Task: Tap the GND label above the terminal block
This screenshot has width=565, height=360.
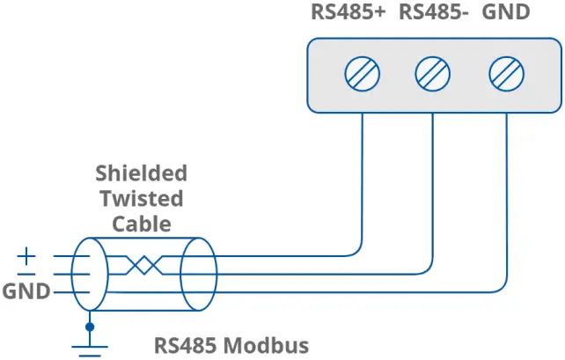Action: point(506,13)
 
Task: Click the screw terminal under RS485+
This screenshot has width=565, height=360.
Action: point(363,73)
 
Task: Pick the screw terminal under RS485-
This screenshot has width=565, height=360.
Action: point(433,73)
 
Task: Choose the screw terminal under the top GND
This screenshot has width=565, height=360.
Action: point(505,73)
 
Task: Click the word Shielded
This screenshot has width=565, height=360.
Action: point(141,173)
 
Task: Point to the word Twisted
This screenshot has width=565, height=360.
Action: point(141,198)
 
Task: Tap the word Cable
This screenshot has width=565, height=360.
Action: point(141,224)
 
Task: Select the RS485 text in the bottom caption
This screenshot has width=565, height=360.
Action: point(187,345)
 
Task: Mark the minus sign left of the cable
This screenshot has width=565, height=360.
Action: point(27,273)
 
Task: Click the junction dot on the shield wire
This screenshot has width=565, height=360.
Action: point(89,327)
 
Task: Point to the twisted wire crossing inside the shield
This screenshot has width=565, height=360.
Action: point(141,265)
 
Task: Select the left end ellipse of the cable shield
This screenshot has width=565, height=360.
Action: point(89,273)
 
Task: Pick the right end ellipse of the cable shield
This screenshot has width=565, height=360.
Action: point(198,273)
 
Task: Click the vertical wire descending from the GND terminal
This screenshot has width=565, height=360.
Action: point(507,202)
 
